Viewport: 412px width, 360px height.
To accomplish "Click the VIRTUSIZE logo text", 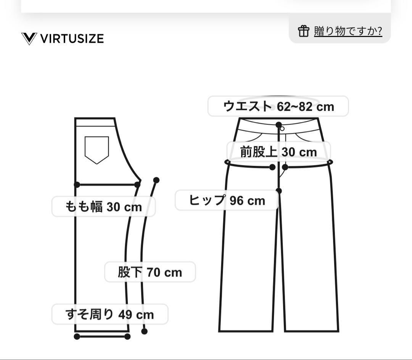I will click(x=72, y=39).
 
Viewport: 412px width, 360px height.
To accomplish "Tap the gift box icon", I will click(x=303, y=31).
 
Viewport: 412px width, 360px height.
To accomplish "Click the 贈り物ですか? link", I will click(x=348, y=31).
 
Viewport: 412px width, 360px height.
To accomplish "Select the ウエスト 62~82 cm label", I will click(x=278, y=106).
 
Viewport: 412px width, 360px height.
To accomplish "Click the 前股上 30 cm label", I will click(x=278, y=152).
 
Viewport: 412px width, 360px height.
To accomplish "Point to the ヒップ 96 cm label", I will click(x=227, y=200).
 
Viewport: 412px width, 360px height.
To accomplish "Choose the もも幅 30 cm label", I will click(x=103, y=207).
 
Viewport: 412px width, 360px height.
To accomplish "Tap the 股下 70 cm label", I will click(x=150, y=272).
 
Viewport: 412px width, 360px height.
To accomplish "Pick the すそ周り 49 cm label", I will click(x=110, y=315).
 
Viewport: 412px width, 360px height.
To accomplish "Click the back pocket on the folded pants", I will click(x=97, y=149).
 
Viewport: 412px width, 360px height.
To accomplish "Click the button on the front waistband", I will click(x=282, y=129).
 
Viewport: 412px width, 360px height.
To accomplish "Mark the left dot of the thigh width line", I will click(x=77, y=185).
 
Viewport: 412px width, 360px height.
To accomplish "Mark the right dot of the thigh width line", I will click(x=137, y=185).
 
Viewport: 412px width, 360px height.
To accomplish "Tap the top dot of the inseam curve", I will click(x=156, y=180).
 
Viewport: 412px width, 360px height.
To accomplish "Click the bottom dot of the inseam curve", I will click(x=144, y=331).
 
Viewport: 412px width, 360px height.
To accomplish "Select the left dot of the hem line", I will click(x=77, y=336).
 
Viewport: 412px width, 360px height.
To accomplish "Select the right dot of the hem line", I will click(x=127, y=336).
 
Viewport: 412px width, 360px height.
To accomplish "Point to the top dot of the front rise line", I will click(x=279, y=125).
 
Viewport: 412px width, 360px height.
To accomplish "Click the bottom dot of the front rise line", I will click(x=279, y=191).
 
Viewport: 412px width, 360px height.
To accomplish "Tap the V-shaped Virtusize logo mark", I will click(x=29, y=39).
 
